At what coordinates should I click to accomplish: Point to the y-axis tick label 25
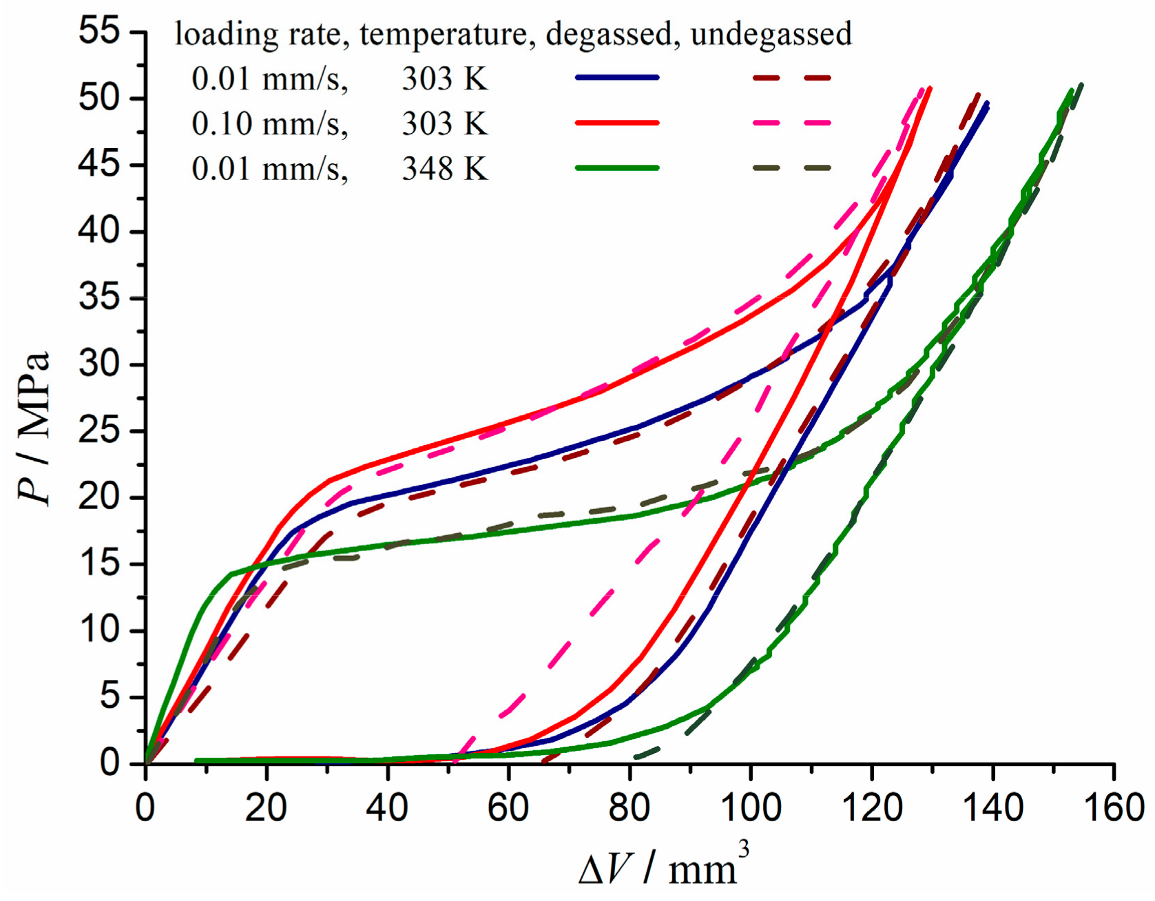coord(99,431)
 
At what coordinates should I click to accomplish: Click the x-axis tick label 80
coord(629,807)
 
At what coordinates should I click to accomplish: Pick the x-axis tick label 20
coord(266,807)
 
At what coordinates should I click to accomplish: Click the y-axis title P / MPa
coord(34,428)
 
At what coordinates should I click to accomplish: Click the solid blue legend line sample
coord(617,78)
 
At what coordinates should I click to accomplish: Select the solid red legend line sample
coord(617,123)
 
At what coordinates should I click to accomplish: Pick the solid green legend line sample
coord(617,167)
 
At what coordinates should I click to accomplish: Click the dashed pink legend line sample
coord(792,123)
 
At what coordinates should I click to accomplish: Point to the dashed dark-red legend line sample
coord(792,78)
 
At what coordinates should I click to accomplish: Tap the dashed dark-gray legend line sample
coord(792,167)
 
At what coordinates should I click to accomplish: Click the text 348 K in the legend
coord(445,168)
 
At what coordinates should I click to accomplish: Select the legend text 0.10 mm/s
coord(269,124)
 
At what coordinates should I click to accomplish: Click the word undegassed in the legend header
coord(771,34)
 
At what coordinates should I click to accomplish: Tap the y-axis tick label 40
coord(99,231)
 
